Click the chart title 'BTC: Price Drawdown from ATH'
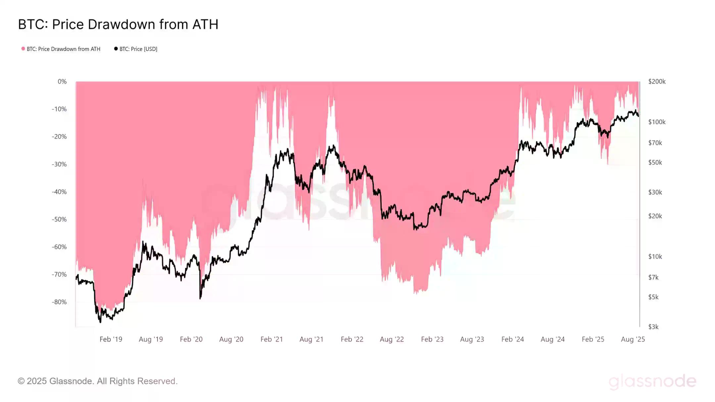tap(118, 24)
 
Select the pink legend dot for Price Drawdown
tap(23, 49)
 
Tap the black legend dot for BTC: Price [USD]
tap(116, 49)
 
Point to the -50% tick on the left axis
tap(59, 219)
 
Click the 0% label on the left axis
tap(62, 81)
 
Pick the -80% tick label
tap(59, 302)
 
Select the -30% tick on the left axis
tap(59, 164)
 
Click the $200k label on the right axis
tap(657, 81)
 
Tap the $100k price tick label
tap(657, 122)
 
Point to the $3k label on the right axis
tap(653, 327)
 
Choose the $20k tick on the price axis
tap(655, 216)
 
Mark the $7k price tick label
tap(653, 277)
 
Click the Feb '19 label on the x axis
tap(111, 339)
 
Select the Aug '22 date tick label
tap(392, 339)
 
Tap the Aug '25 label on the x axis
tap(633, 339)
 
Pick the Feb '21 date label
tap(271, 339)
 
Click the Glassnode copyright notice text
tap(98, 381)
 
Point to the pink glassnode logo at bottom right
tap(652, 381)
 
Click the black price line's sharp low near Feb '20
tap(200, 298)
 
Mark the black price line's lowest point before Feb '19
tap(100, 322)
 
